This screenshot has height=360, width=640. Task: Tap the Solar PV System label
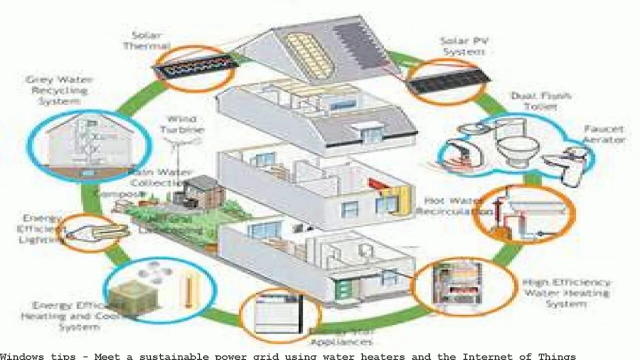pos(463,46)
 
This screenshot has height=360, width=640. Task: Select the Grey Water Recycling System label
pos(59,90)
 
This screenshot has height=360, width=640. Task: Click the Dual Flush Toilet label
pos(534,100)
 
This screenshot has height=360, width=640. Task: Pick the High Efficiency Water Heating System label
pos(566,293)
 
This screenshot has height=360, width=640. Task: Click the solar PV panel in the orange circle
pos(447,81)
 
